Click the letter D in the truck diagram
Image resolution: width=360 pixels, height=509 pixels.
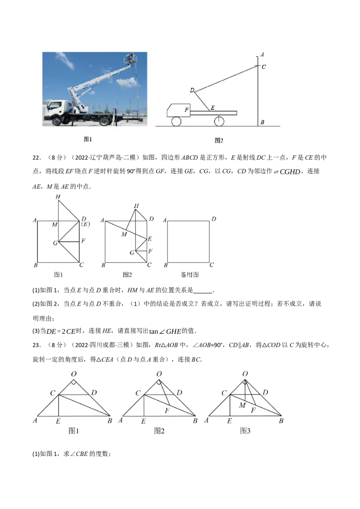click(192, 90)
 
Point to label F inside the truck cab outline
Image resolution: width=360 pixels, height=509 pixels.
click(186, 109)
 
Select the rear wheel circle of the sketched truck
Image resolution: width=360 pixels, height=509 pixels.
click(219, 121)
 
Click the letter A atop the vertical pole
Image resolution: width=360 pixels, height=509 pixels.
click(262, 54)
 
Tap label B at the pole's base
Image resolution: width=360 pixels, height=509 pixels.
click(262, 122)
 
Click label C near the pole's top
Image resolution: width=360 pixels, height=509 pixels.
click(264, 67)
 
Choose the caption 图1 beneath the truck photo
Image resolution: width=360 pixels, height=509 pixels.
click(88, 139)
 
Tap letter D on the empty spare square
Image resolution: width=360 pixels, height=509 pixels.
click(213, 219)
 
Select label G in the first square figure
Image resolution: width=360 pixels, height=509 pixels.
click(55, 243)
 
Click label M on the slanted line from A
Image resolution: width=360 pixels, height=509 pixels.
click(124, 234)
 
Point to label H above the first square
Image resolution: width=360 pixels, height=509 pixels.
click(58, 196)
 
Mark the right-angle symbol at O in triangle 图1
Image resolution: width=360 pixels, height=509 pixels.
click(73, 383)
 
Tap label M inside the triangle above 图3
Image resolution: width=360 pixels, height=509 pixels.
click(242, 406)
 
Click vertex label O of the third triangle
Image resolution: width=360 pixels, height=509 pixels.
click(245, 374)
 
